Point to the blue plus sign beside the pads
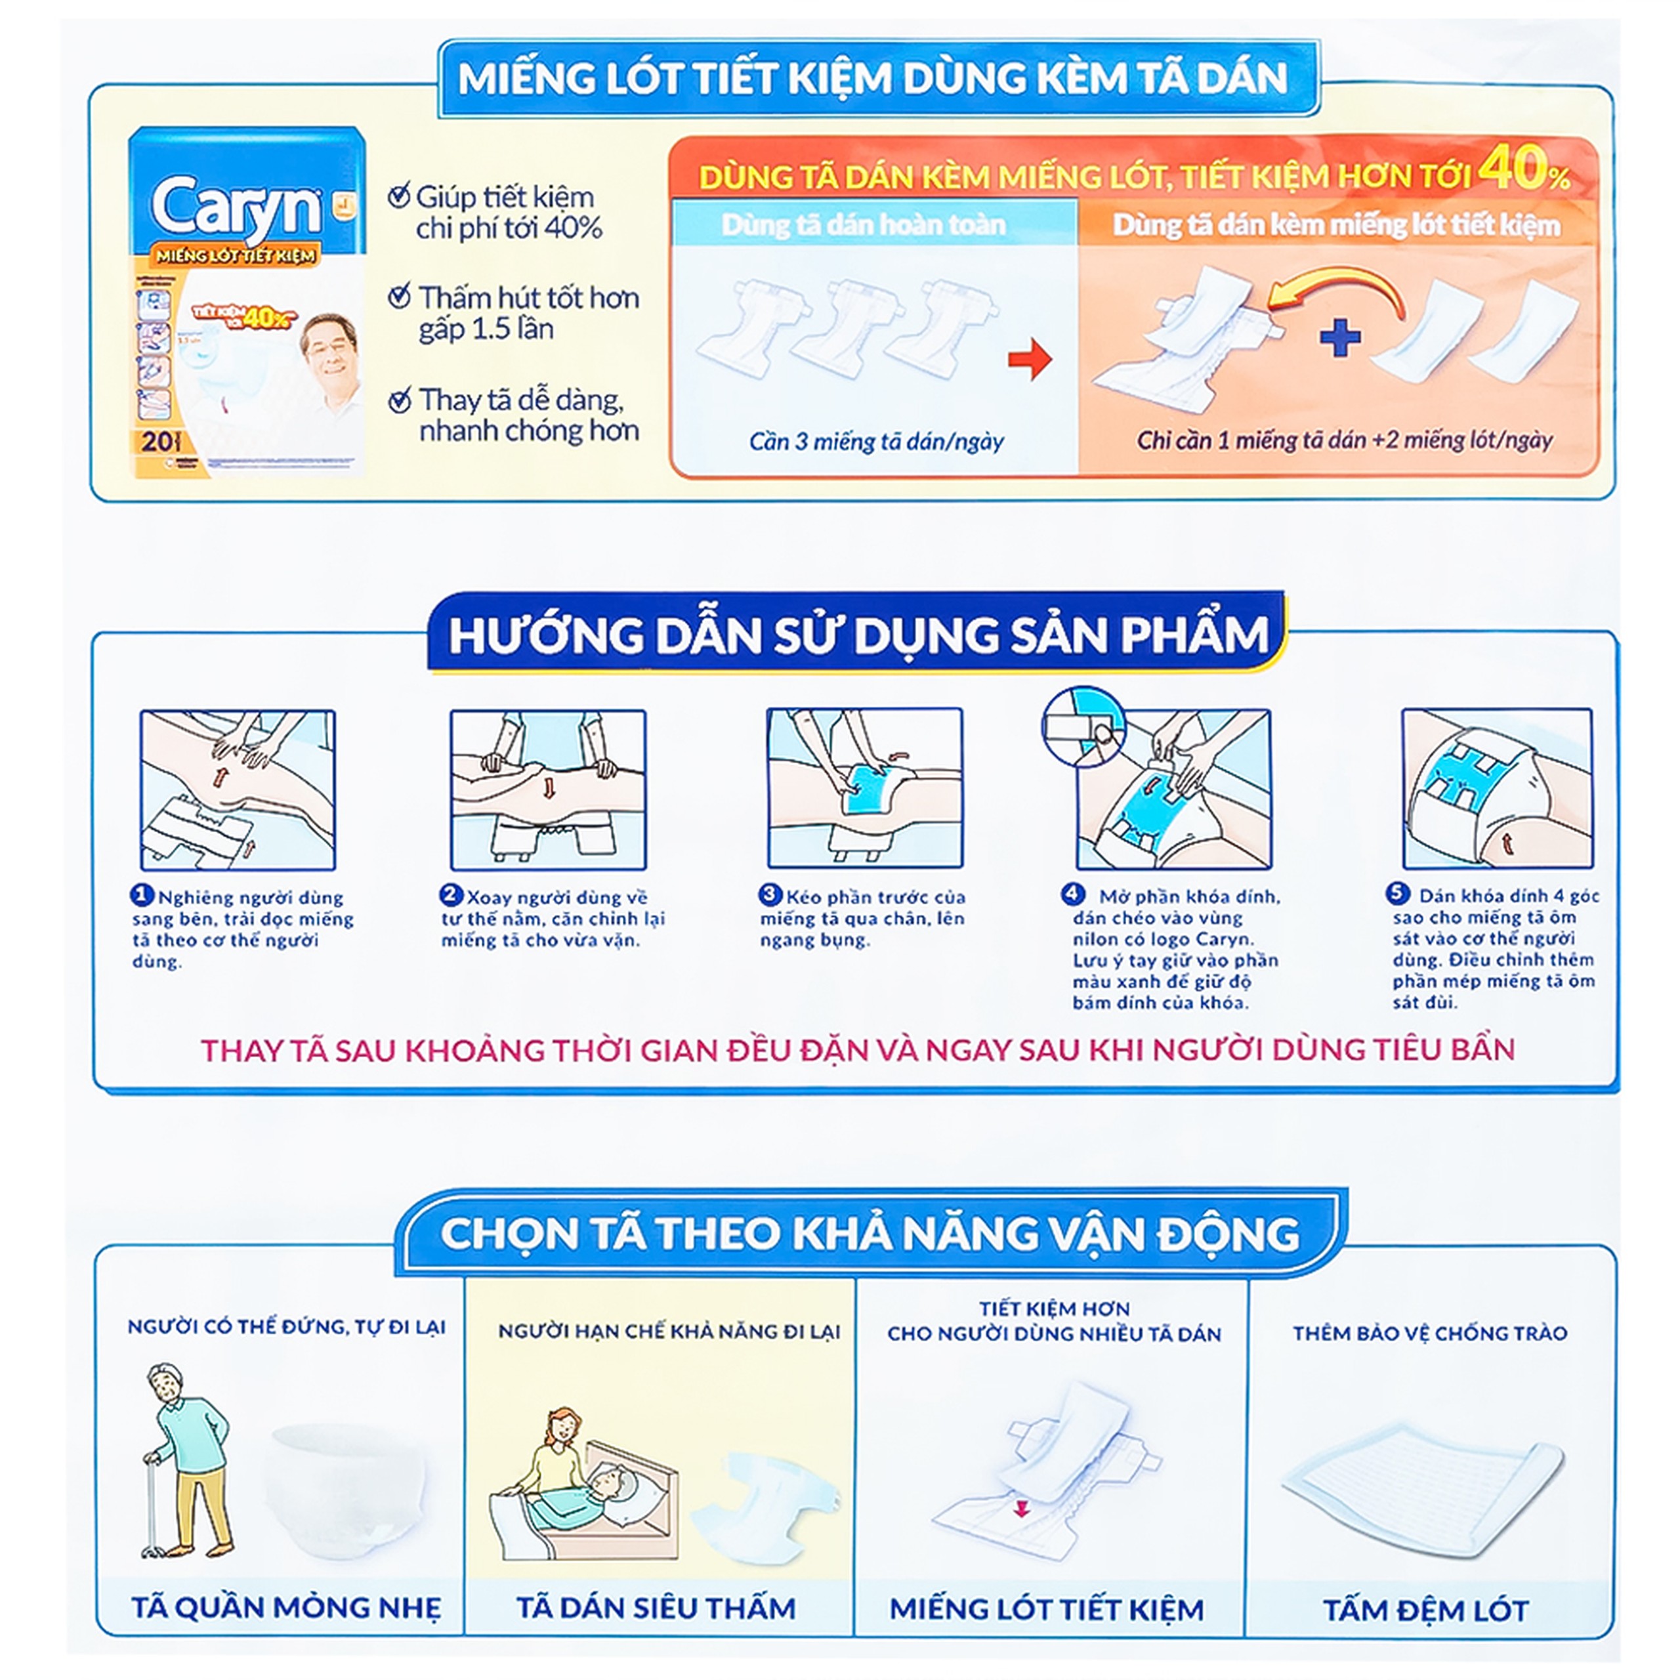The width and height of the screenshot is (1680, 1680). (1340, 337)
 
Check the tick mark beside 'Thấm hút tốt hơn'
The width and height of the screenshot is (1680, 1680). (399, 297)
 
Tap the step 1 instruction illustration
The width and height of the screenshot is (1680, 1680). (238, 789)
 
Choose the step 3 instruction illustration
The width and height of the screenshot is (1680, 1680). (864, 787)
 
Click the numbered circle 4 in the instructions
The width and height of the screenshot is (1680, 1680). (1072, 894)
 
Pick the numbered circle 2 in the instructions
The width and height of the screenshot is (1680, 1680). (450, 894)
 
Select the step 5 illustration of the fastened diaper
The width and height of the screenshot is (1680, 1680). (1496, 787)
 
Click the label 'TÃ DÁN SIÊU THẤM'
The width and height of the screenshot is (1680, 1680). (656, 1608)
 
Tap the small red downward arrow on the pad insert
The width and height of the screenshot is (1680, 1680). (1022, 1509)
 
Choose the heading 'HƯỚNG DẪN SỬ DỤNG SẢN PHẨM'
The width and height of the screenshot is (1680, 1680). (858, 635)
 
